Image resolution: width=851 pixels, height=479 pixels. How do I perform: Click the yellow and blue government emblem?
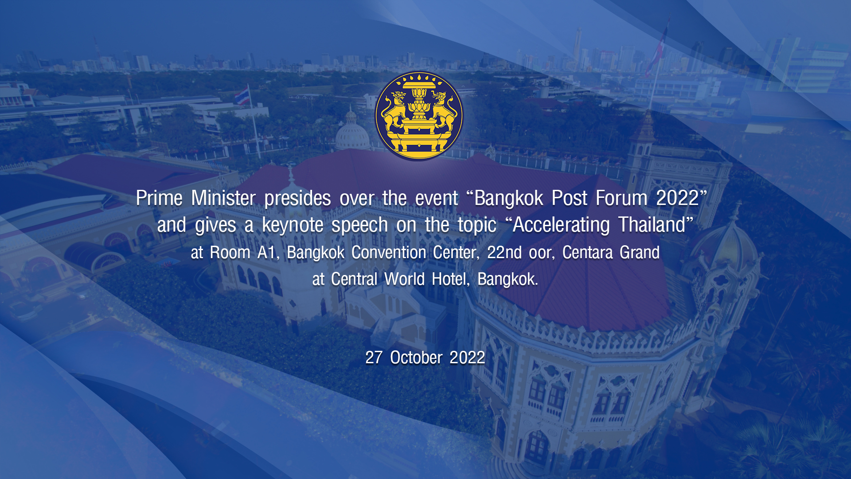tap(419, 116)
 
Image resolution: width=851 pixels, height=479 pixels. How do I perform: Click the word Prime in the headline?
tap(159, 198)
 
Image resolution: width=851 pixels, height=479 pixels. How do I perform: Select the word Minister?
tap(223, 198)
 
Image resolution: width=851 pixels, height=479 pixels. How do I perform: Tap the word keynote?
tap(293, 225)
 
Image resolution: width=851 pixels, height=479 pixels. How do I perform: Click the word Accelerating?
tap(561, 225)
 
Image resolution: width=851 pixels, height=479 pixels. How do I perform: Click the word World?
tap(404, 279)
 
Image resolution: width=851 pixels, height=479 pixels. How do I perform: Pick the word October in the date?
tap(416, 357)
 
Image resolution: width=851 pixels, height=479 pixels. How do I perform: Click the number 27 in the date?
tap(374, 357)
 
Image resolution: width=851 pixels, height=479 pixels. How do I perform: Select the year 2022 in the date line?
tap(467, 357)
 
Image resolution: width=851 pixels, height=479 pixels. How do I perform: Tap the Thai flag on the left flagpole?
tap(242, 96)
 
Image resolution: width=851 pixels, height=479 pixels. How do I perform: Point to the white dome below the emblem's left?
tap(352, 133)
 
